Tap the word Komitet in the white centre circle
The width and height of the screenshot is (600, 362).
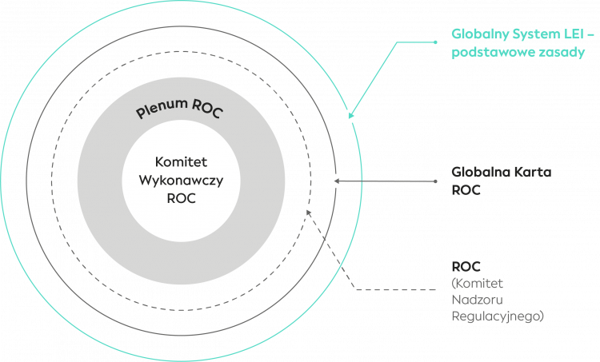180,162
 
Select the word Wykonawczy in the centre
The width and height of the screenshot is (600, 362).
180,181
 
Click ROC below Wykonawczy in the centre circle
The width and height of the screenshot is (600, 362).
180,199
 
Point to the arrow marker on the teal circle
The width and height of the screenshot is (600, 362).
350,116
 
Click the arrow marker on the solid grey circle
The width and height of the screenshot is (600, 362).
337,181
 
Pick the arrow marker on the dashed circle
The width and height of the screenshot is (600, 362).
309,212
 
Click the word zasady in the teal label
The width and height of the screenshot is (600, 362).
561,54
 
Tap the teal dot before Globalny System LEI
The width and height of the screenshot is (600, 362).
435,40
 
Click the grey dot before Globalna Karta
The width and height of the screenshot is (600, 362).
435,181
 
